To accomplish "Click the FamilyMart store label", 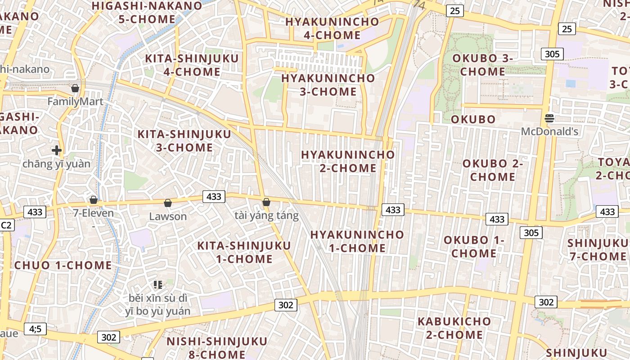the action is [x=75, y=102].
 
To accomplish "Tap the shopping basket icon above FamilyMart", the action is [x=75, y=88].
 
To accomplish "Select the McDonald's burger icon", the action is [x=549, y=118].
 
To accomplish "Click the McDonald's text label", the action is [x=549, y=132].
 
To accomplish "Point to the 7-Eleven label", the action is [x=94, y=213].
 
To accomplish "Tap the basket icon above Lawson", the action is [x=168, y=203].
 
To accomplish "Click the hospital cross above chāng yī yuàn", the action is [x=57, y=150].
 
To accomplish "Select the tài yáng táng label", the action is [x=266, y=216].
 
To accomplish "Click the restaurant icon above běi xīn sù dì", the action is [x=157, y=284].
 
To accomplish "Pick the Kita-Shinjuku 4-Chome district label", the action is [x=192, y=65].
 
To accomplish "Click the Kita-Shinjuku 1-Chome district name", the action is [x=244, y=252].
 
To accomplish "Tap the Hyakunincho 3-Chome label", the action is [x=328, y=85].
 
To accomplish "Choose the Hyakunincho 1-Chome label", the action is [x=357, y=241].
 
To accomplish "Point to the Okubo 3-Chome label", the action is [x=483, y=65].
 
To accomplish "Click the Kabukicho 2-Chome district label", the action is [x=454, y=328].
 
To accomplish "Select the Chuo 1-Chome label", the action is [x=63, y=265].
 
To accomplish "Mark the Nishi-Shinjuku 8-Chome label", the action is [x=217, y=347].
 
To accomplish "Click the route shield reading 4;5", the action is [x=35, y=329].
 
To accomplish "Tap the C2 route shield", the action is [x=6, y=225].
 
